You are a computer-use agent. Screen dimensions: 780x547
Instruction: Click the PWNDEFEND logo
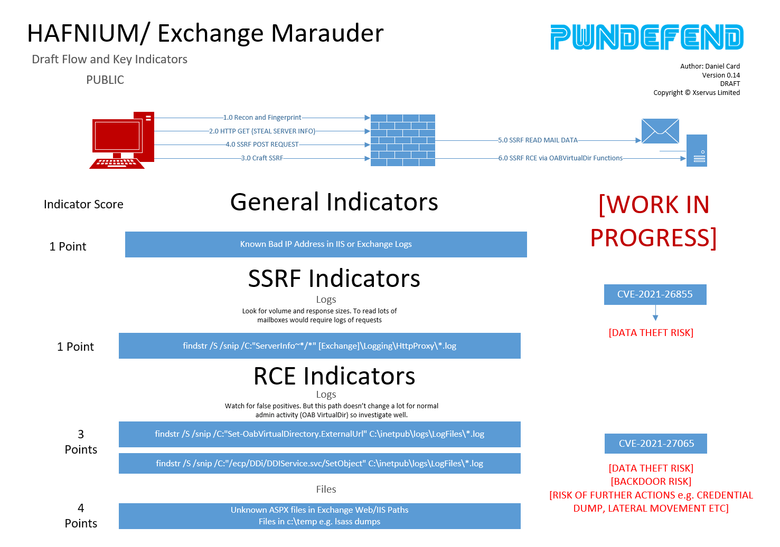[x=646, y=37]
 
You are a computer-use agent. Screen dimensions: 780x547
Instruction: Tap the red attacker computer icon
[x=122, y=140]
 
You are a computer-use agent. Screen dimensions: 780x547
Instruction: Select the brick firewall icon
[x=402, y=140]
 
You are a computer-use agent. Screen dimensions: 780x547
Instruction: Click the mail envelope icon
[x=660, y=131]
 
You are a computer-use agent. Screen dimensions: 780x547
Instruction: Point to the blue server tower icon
[x=697, y=150]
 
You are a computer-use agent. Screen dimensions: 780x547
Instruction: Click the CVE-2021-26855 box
[x=655, y=294]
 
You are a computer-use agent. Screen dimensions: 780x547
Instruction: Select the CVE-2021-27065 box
[x=656, y=444]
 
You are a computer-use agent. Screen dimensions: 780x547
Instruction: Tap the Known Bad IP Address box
[x=326, y=244]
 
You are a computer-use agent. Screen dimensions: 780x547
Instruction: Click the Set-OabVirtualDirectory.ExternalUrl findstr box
[x=319, y=434]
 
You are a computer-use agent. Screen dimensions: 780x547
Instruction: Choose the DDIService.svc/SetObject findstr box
[x=319, y=463]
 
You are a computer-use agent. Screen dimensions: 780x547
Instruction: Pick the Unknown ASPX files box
[x=319, y=516]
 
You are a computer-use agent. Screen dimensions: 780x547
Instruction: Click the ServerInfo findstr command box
[x=319, y=346]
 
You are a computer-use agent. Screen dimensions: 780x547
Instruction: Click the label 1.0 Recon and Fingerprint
[x=262, y=118]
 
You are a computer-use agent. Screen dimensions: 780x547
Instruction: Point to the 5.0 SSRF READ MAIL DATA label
[x=538, y=140]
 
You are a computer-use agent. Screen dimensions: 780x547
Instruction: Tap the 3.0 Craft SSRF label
[x=262, y=158]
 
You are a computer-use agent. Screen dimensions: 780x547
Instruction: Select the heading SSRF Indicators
[x=334, y=279]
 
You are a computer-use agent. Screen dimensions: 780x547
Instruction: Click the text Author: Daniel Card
[x=710, y=66]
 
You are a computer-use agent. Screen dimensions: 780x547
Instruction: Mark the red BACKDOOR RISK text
[x=651, y=481]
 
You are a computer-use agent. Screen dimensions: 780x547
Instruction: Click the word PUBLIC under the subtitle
[x=105, y=80]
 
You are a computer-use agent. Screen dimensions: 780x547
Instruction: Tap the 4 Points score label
[x=81, y=516]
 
